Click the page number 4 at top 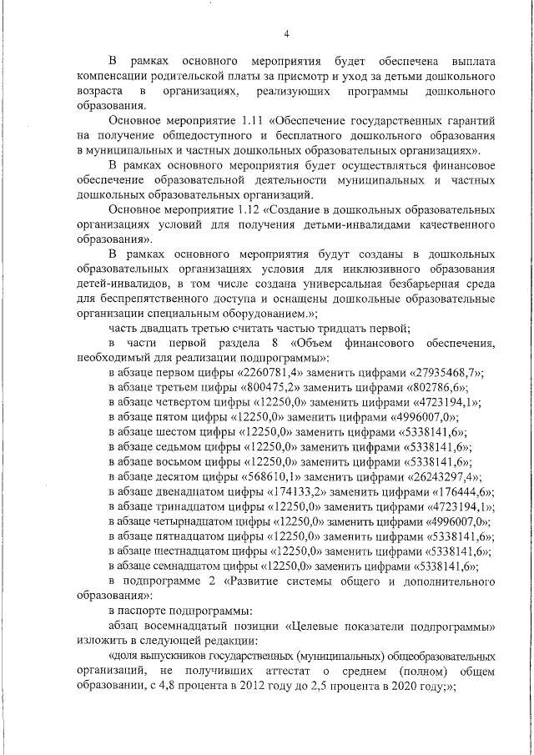pos(286,33)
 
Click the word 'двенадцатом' pos(203,492)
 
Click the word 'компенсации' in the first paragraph pos(117,76)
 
